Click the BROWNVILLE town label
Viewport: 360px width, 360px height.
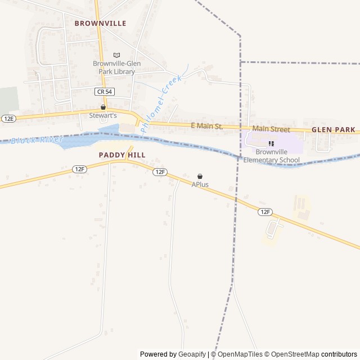(x=100, y=24)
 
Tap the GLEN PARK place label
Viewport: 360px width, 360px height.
(x=334, y=129)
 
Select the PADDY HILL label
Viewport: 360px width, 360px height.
(x=122, y=155)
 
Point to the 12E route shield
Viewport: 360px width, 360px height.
(x=8, y=119)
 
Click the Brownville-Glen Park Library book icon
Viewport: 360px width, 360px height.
(x=116, y=55)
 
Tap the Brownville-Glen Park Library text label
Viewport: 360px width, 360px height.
(x=116, y=67)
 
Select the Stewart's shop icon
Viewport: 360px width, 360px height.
(x=103, y=107)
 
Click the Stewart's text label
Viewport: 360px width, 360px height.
(x=103, y=115)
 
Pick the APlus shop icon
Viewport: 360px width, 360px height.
(x=200, y=177)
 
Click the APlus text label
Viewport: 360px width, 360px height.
(x=200, y=184)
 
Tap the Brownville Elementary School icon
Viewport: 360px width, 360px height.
(x=271, y=144)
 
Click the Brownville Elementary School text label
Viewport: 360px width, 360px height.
(x=271, y=156)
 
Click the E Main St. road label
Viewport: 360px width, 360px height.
(x=207, y=126)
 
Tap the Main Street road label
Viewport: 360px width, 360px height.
(x=271, y=129)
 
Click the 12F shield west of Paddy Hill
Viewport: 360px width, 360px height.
(x=79, y=169)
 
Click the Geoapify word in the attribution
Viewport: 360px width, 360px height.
(x=192, y=354)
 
